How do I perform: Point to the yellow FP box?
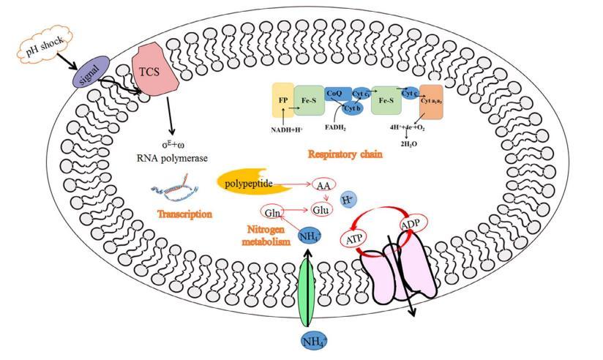tap(282, 99)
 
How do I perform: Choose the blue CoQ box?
tap(335, 93)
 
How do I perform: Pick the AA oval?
tap(323, 185)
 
